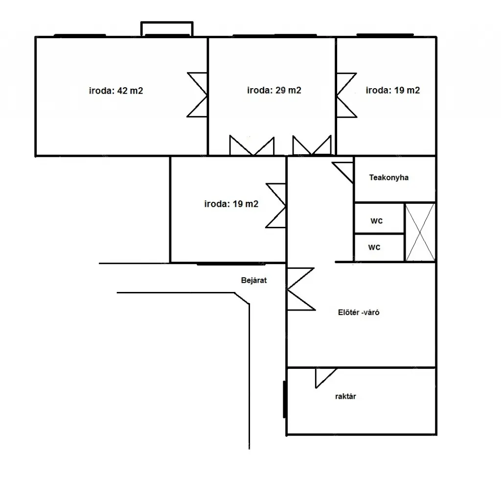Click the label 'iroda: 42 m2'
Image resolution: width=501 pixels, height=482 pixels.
(116, 91)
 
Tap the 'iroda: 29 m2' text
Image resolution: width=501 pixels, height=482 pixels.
(274, 90)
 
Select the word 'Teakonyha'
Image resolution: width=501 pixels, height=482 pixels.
(389, 177)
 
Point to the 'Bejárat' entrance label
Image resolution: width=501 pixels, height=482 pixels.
(254, 280)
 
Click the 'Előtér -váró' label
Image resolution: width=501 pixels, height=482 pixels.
(359, 312)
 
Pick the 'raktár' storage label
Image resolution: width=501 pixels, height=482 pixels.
(345, 396)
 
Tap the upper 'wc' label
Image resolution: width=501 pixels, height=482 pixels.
(376, 221)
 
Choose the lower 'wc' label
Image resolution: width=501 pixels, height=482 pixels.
(374, 247)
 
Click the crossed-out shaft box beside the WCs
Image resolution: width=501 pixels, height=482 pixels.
(420, 232)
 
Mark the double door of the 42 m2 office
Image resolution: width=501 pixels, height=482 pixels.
(198, 95)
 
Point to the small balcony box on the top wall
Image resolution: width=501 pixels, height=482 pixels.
(167, 29)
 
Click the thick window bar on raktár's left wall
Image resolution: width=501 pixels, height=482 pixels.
(284, 399)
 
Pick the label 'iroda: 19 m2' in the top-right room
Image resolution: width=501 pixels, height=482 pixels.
(393, 90)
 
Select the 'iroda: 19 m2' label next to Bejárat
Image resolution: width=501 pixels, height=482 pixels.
(231, 204)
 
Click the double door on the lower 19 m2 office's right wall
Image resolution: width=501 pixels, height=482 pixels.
(276, 206)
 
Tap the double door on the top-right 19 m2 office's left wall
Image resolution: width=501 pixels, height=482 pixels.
(346, 95)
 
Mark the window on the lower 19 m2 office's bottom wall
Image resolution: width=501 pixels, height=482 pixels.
(231, 264)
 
